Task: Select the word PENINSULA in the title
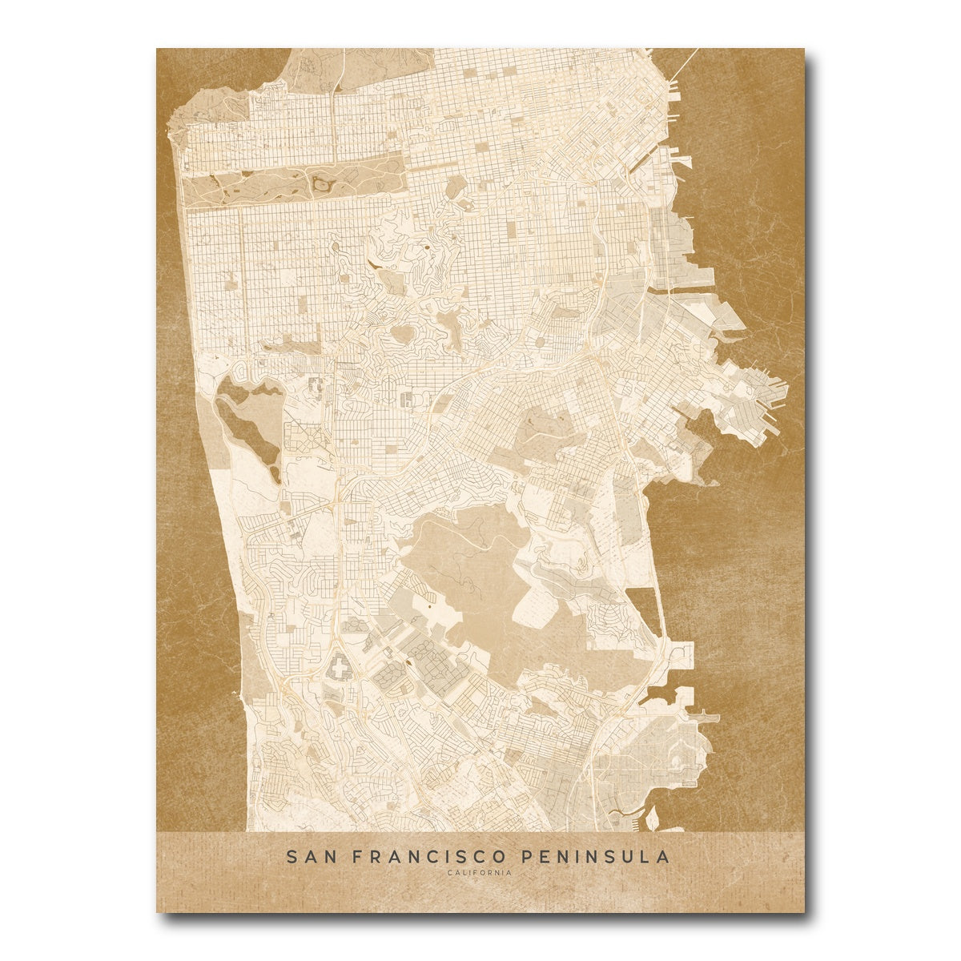[x=596, y=857]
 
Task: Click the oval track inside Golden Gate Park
[x=322, y=185]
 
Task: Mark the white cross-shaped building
[x=338, y=665]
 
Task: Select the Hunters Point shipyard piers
[x=765, y=400]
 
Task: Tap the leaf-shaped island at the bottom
[x=653, y=818]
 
